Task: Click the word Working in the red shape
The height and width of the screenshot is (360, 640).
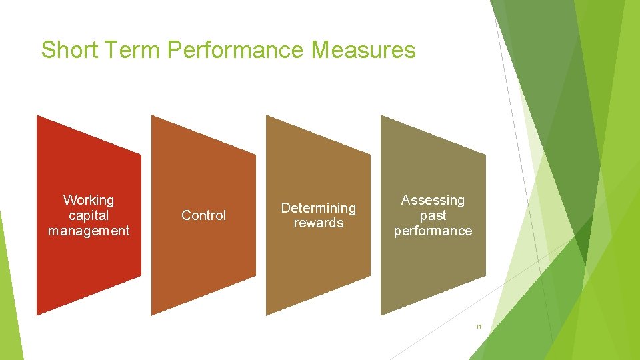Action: [x=89, y=200]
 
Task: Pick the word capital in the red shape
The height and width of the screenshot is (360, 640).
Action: [x=89, y=215]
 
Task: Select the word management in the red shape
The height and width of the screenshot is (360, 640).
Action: [x=89, y=231]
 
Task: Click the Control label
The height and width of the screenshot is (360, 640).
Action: [x=203, y=215]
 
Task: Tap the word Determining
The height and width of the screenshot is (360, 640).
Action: [x=318, y=208]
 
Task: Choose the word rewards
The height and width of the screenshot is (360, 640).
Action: [x=318, y=223]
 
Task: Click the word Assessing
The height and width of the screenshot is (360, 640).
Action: [x=433, y=200]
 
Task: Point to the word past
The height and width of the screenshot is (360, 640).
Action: [x=433, y=215]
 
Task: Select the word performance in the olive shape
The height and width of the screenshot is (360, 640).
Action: [x=433, y=231]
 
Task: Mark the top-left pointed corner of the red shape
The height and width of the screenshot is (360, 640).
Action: [x=37, y=116]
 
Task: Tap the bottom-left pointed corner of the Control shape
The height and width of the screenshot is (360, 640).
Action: [x=152, y=315]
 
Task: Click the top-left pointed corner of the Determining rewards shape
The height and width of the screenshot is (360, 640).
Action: [x=267, y=116]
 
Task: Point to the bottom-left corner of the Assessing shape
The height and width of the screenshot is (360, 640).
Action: [x=381, y=315]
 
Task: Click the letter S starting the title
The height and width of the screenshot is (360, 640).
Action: [x=47, y=50]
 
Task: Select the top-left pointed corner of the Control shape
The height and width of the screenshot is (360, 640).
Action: [x=152, y=116]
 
